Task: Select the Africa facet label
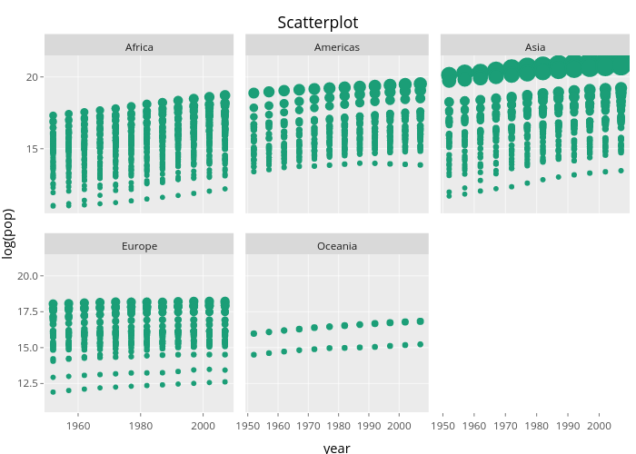(x=139, y=47)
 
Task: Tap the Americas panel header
(x=337, y=47)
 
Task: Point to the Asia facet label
(x=535, y=47)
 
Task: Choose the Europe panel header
(x=139, y=246)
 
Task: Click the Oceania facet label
(x=337, y=246)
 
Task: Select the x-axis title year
(x=336, y=447)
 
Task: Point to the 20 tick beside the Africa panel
(x=31, y=77)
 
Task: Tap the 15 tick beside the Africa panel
(x=31, y=149)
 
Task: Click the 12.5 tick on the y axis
(x=27, y=384)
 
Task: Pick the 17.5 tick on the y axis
(x=27, y=312)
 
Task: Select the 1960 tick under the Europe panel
(x=78, y=425)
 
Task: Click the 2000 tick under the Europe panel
(x=204, y=425)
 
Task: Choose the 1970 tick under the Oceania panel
(x=308, y=425)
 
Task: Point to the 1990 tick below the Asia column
(x=567, y=425)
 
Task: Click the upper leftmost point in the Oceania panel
(x=253, y=333)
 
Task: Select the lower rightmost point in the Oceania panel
(x=420, y=344)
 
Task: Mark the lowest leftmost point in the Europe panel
(x=53, y=392)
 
